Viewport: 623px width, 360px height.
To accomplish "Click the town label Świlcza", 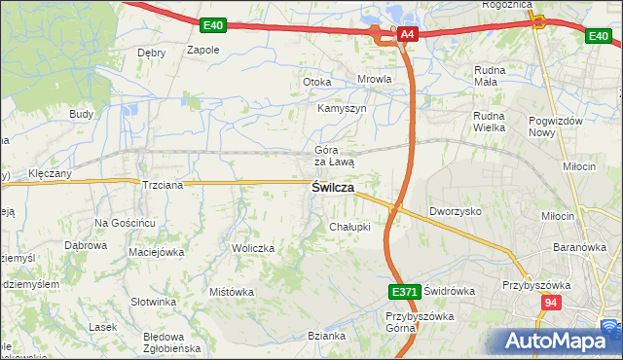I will coord(332,188).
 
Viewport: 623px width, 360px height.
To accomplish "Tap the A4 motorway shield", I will coord(408,36).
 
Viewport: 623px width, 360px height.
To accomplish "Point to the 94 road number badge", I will coord(552,304).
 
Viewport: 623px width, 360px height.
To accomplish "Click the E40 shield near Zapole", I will coord(215,23).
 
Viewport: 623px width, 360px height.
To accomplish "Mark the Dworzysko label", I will coord(456,211).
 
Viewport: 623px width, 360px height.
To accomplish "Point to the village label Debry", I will coord(152,53).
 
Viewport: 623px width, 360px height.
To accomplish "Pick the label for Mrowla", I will coord(375,81).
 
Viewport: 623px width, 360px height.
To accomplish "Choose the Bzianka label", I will coord(327,336).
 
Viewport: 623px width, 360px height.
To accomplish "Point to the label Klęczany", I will coord(50,173).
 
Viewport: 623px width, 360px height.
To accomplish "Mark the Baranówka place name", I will coord(579,248).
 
